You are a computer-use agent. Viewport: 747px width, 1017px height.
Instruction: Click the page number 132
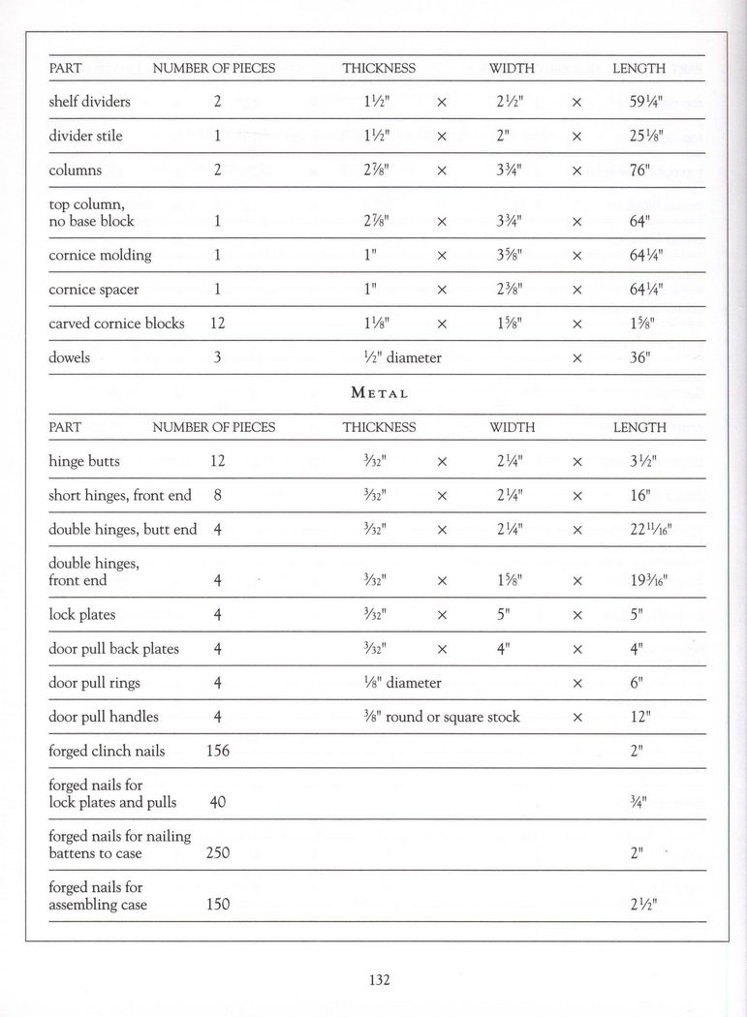pyautogui.click(x=379, y=980)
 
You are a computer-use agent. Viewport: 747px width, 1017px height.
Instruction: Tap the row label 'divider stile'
pyautogui.click(x=85, y=136)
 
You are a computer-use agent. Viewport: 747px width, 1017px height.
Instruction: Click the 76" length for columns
pyautogui.click(x=639, y=170)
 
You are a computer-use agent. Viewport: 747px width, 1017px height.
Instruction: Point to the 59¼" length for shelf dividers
pyautogui.click(x=644, y=102)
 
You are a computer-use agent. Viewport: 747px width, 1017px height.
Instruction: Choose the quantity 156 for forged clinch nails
pyautogui.click(x=218, y=751)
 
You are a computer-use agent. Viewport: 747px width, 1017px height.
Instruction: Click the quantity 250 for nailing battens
pyautogui.click(x=218, y=853)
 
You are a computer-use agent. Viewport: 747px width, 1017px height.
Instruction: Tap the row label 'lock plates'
pyautogui.click(x=81, y=614)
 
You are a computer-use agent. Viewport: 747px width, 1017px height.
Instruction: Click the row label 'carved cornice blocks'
pyautogui.click(x=116, y=324)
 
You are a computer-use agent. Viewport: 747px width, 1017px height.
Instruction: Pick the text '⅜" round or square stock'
pyautogui.click(x=441, y=717)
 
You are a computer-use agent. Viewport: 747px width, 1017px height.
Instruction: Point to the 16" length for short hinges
pyautogui.click(x=639, y=495)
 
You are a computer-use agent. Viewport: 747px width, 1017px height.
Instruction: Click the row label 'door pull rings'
pyautogui.click(x=94, y=683)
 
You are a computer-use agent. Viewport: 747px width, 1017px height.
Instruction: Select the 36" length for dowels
pyautogui.click(x=639, y=357)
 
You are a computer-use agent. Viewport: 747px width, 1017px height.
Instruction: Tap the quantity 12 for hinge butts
pyautogui.click(x=218, y=461)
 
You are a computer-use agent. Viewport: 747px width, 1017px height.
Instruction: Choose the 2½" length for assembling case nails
pyautogui.click(x=644, y=905)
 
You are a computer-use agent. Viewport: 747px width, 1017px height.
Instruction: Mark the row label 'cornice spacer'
pyautogui.click(x=93, y=290)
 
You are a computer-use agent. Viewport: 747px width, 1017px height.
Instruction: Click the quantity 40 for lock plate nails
pyautogui.click(x=218, y=802)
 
